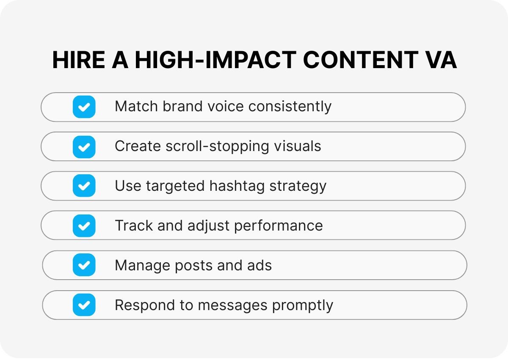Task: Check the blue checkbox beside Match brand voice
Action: coord(84,107)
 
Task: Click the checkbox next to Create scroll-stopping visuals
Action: coord(84,146)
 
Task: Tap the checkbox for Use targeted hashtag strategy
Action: coord(84,186)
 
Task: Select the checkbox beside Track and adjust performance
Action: coord(84,225)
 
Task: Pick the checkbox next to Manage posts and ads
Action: coord(84,265)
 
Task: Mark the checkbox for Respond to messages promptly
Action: coord(84,305)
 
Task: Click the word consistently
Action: coord(290,107)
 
